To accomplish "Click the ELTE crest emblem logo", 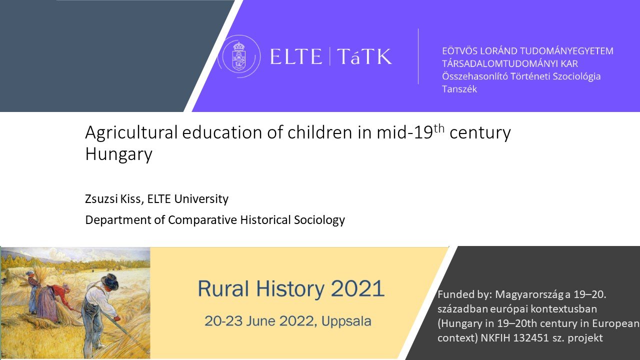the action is pyautogui.click(x=239, y=56).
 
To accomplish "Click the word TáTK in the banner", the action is pyautogui.click(x=364, y=56).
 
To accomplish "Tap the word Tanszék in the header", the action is pyautogui.click(x=459, y=89).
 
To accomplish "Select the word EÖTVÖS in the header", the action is pyautogui.click(x=459, y=51).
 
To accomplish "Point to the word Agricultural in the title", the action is pyautogui.click(x=131, y=133).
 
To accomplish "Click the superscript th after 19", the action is pyautogui.click(x=439, y=129).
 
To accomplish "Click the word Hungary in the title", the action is pyautogui.click(x=118, y=154).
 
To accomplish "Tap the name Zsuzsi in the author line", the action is pyautogui.click(x=101, y=199).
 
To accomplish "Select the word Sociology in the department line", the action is pyautogui.click(x=319, y=220).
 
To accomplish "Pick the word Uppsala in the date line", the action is pyautogui.click(x=346, y=321).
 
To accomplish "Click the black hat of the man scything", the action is pyautogui.click(x=110, y=280).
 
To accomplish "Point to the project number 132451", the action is pyautogui.click(x=531, y=338).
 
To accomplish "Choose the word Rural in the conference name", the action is pyautogui.click(x=223, y=288).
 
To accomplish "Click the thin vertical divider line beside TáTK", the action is pyautogui.click(x=418, y=56).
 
